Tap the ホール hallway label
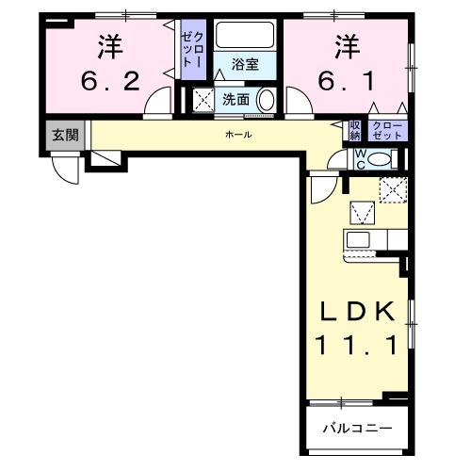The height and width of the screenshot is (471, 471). pos(237,136)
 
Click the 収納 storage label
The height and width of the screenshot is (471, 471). pos(355,130)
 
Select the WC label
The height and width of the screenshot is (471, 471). pos(360,158)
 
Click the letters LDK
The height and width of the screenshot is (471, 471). pos(360,312)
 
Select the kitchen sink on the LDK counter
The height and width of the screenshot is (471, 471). pos(359,238)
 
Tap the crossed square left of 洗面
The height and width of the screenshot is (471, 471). pos(203,100)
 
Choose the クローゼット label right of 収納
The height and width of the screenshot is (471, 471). pos(387,130)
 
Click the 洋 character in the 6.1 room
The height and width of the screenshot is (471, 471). pos(346,45)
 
